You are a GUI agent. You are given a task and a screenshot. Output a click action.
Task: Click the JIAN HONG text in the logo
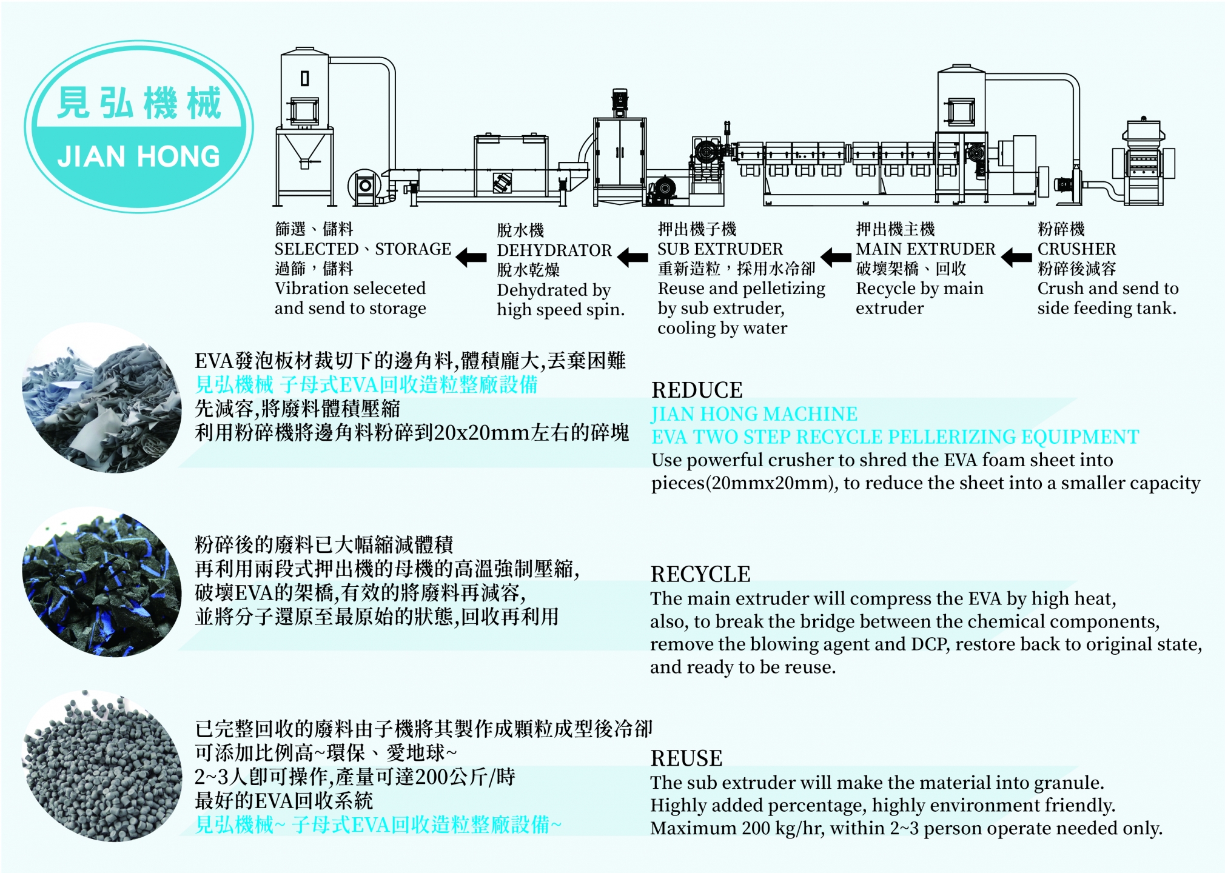tap(139, 156)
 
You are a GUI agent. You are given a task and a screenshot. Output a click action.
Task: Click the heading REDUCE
tap(697, 390)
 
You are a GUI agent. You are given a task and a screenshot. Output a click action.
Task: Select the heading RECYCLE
tap(700, 574)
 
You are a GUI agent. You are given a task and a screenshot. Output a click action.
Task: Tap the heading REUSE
tap(686, 758)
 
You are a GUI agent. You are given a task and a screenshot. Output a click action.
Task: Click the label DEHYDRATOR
tap(554, 250)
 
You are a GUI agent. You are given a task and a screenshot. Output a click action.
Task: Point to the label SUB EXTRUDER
tap(720, 249)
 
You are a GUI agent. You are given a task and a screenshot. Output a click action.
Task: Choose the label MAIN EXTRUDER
tap(925, 249)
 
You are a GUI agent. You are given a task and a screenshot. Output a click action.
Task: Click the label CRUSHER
tap(1076, 249)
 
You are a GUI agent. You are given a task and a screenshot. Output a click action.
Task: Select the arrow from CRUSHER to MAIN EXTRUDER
tap(1016, 257)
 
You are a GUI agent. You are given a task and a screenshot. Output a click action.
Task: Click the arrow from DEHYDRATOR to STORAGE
tap(471, 257)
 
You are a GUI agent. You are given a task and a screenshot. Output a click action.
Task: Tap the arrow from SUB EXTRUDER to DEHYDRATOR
tap(633, 257)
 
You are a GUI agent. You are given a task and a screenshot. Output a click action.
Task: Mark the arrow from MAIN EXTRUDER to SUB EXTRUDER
tap(836, 257)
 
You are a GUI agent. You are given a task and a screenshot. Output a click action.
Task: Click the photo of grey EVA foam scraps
tap(102, 398)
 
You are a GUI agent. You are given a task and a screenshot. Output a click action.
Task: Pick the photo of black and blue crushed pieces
tap(102, 582)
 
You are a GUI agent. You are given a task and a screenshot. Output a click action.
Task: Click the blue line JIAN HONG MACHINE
tap(754, 413)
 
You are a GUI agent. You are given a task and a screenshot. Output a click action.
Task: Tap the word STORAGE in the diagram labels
tap(413, 249)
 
